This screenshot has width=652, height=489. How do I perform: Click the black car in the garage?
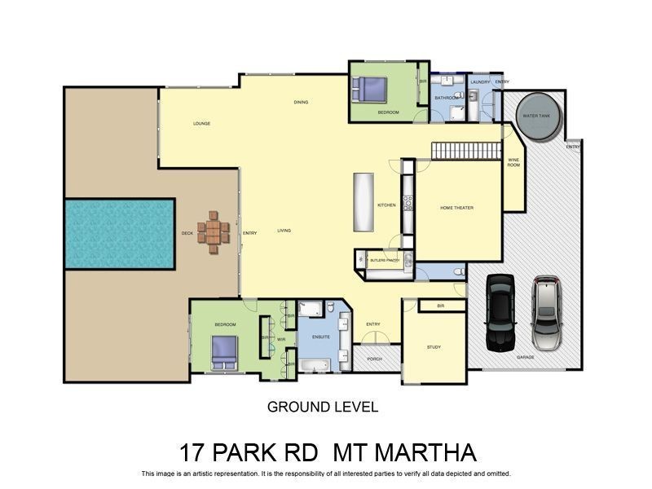pyautogui.click(x=500, y=311)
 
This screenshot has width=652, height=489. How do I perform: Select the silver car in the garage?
pyautogui.click(x=547, y=312)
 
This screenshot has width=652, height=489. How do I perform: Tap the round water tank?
pyautogui.click(x=537, y=116)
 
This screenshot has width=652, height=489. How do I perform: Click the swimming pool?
pyautogui.click(x=119, y=234)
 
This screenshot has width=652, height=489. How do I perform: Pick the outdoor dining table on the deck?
pyautogui.click(x=213, y=233)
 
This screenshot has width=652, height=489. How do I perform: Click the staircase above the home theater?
pyautogui.click(x=465, y=151)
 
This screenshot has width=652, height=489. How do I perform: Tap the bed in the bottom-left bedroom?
pyautogui.click(x=223, y=350)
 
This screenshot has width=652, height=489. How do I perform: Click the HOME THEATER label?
pyautogui.click(x=456, y=208)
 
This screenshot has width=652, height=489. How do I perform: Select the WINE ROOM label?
pyautogui.click(x=513, y=163)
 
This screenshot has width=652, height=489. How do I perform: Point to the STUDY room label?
pyautogui.click(x=434, y=347)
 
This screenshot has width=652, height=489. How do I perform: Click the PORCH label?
pyautogui.click(x=374, y=358)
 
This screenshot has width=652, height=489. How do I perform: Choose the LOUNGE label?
pyautogui.click(x=201, y=124)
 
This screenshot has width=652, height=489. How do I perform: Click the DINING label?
pyautogui.click(x=301, y=102)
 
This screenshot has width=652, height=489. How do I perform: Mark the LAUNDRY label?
pyautogui.click(x=479, y=81)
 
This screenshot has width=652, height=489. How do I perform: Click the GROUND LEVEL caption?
pyautogui.click(x=323, y=407)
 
